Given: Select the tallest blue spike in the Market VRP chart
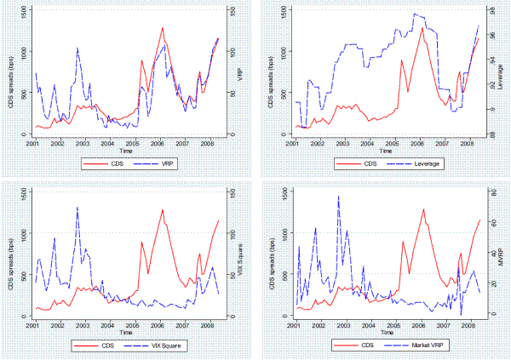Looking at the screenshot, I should [x=338, y=197].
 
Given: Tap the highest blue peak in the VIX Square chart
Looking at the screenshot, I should [x=78, y=207].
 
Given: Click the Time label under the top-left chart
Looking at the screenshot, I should [x=126, y=151].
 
